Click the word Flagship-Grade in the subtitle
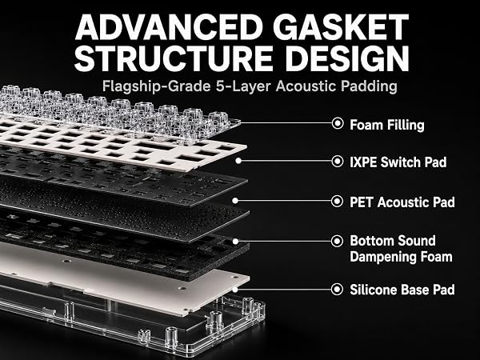click(156, 86)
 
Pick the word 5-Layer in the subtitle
click(243, 86)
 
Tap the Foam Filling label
click(387, 125)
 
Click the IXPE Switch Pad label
click(398, 162)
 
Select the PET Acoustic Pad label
click(402, 202)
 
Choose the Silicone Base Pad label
click(402, 290)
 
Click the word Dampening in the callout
click(382, 257)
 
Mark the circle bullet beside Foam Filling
click(338, 123)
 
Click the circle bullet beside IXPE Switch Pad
click(338, 161)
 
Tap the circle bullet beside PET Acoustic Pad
click(338, 201)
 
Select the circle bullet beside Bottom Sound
click(338, 242)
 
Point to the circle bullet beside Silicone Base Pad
click(338, 289)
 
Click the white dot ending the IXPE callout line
click(238, 161)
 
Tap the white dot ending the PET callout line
click(235, 201)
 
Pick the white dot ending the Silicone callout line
click(235, 289)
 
